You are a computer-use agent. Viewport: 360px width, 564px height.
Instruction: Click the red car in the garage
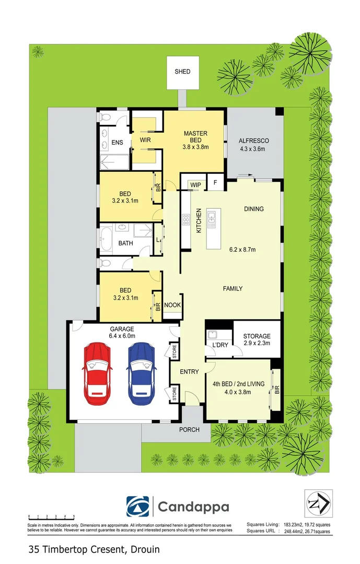[x=97, y=368]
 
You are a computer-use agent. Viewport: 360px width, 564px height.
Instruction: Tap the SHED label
[x=182, y=72]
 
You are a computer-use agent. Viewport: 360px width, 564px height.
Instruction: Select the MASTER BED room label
[x=195, y=137]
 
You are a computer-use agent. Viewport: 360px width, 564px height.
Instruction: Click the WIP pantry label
[x=196, y=184]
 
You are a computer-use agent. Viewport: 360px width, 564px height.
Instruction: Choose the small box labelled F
[x=215, y=183]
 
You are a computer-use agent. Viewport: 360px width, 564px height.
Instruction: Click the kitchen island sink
[x=212, y=220]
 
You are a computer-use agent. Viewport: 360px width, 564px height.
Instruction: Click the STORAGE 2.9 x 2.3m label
[x=257, y=339]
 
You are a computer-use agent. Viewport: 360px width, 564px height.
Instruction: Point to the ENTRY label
[x=189, y=372]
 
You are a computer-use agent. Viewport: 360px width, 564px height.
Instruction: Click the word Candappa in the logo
[x=193, y=507]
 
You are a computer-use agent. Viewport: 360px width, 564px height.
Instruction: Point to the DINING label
[x=253, y=209]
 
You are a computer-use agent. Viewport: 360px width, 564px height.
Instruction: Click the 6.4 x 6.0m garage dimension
[x=121, y=336]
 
